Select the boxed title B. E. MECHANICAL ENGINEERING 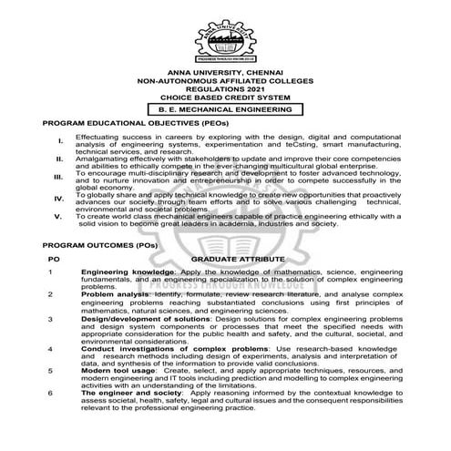click(225, 108)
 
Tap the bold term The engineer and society click(127, 393)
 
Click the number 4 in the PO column click(52, 348)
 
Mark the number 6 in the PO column click(52, 393)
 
